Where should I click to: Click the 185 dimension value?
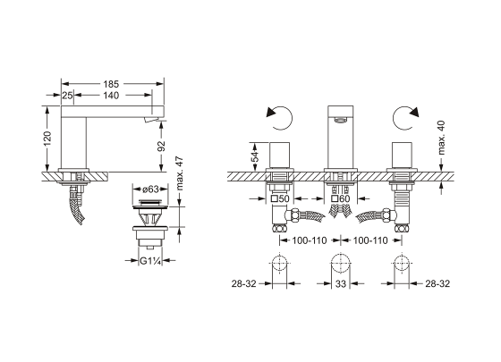pyautogui.click(x=111, y=84)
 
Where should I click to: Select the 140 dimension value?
pyautogui.click(x=111, y=96)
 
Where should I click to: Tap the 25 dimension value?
pyautogui.click(x=67, y=96)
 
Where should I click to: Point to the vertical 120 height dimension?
pyautogui.click(x=47, y=139)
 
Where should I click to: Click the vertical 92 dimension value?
pyautogui.click(x=162, y=146)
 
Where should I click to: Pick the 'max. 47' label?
pyautogui.click(x=180, y=173)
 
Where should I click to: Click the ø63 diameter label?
pyautogui.click(x=150, y=189)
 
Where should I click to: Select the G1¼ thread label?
pyautogui.click(x=150, y=261)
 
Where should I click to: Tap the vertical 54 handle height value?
pyautogui.click(x=255, y=156)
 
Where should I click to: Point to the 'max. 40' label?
pyautogui.click(x=441, y=138)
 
